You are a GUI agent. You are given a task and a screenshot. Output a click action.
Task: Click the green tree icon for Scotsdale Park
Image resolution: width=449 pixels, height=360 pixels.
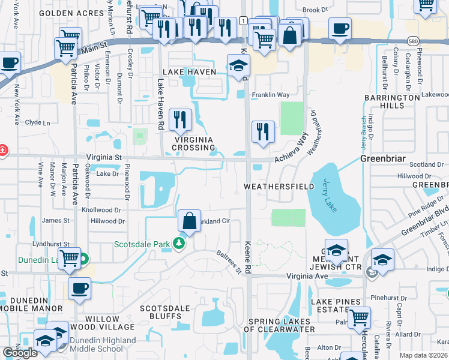(x=178, y=243)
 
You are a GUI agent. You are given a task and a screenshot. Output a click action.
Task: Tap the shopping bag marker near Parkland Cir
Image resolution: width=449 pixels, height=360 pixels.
(x=189, y=221)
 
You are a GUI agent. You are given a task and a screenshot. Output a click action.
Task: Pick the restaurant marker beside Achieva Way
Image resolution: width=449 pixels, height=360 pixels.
(x=262, y=132)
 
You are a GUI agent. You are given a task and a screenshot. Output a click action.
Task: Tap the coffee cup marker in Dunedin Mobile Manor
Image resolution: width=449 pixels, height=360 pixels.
(x=79, y=289)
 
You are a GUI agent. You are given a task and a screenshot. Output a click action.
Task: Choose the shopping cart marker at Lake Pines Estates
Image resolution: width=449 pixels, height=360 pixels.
(x=359, y=318)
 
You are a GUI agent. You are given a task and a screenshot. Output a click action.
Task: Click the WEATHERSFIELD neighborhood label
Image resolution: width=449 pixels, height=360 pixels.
(x=279, y=187)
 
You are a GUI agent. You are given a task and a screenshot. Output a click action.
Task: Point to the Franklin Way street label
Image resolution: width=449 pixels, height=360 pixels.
(x=270, y=95)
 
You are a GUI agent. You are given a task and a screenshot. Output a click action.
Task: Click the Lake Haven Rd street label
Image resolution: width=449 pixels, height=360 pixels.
(x=161, y=97)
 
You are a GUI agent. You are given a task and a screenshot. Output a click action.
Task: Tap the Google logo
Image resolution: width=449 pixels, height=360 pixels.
(x=20, y=353)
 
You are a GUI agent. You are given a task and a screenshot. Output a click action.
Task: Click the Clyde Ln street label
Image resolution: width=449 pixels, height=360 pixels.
(x=37, y=122)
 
